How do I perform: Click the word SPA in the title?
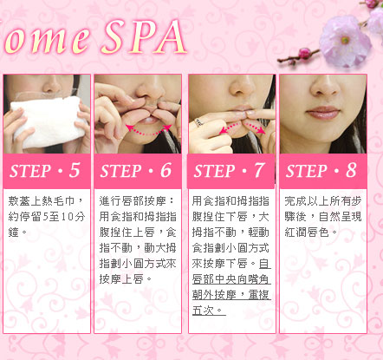point(144,37)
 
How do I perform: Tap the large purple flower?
point(345,41)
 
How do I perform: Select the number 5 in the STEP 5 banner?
point(75,170)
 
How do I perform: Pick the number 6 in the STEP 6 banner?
point(166,170)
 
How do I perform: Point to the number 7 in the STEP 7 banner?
point(259,170)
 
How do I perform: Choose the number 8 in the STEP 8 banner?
point(351,170)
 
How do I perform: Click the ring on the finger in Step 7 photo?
point(198,122)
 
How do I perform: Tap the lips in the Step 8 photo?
point(323,113)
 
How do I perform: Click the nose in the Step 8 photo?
point(325,86)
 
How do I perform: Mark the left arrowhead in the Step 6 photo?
point(130,128)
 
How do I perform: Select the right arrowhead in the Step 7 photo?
point(261,130)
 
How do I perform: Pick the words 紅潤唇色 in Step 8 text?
point(307,232)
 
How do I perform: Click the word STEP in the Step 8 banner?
point(306,171)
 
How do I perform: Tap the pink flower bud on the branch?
point(304,54)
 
